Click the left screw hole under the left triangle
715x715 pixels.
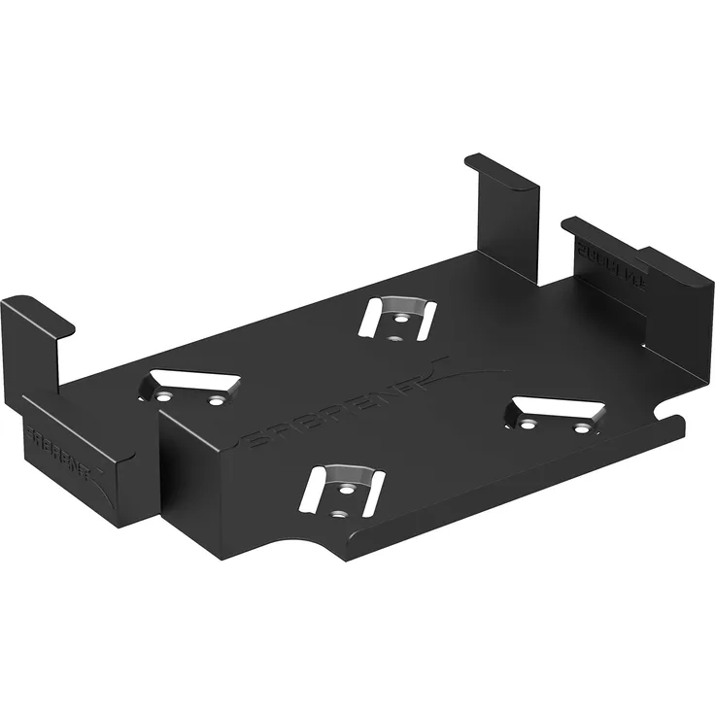[x=165, y=397]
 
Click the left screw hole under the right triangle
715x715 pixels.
[x=528, y=425]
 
